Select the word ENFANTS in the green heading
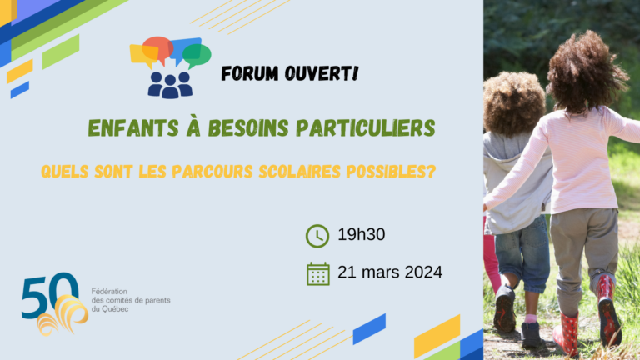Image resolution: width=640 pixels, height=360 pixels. tap(133, 128)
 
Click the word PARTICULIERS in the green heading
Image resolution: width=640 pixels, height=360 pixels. tap(366, 128)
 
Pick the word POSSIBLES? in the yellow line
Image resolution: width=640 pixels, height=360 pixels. tap(391, 172)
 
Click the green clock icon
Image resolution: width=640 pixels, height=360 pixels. tap(317, 236)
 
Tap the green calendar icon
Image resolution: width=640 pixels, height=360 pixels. tap(318, 273)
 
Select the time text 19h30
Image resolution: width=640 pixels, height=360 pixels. tap(361, 234)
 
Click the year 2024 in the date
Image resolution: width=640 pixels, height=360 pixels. tap(423, 272)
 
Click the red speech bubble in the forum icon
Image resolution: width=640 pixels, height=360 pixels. tap(158, 49)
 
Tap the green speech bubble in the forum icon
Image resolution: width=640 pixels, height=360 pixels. tap(197, 56)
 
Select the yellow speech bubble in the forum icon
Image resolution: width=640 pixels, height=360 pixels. tap(144, 56)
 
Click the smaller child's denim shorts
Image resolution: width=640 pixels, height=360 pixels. tap(522, 254)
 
